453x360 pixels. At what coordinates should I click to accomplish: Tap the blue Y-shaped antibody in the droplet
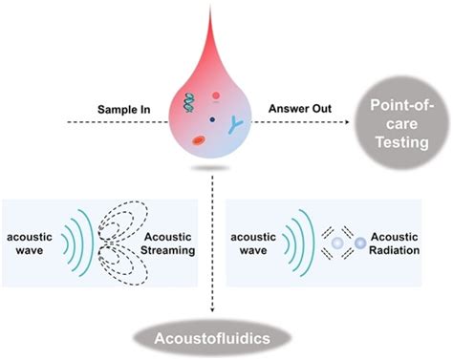click(235, 121)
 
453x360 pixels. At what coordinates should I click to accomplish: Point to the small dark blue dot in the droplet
click(211, 118)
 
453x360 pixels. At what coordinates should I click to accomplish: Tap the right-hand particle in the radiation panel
click(360, 245)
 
